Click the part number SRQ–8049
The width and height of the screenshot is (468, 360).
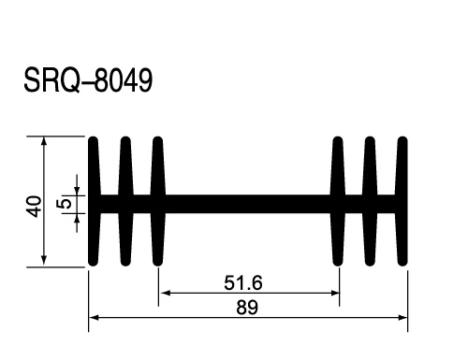point(88,80)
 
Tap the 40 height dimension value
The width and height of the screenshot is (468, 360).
point(36,206)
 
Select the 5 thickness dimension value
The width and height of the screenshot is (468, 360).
point(64,204)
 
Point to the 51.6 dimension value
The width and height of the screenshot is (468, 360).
point(243,283)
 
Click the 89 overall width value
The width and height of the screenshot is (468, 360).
point(247,308)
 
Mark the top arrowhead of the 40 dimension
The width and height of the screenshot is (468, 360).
point(44,140)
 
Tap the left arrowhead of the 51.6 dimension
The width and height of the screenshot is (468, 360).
point(165,293)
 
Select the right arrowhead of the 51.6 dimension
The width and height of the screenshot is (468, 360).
point(335,293)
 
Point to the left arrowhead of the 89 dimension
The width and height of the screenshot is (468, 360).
point(94,318)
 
